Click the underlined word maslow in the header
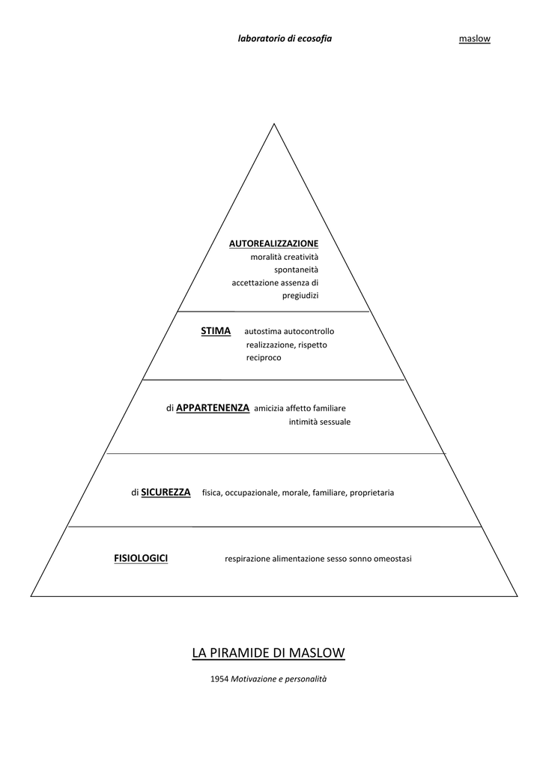[475, 39]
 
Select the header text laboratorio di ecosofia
[285, 39]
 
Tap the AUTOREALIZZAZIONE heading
[274, 243]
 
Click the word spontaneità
[296, 270]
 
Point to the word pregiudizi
[300, 295]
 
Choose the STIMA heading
[216, 331]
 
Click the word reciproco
[264, 358]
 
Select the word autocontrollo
[309, 332]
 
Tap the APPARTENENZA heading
[213, 408]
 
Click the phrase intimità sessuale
[320, 422]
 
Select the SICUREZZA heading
[166, 493]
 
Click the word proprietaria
[371, 493]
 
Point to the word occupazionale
[252, 493]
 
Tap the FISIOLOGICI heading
[141, 558]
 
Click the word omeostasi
[392, 559]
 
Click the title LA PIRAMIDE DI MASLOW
[269, 653]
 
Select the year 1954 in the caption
[219, 679]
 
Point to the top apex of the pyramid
[274, 124]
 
